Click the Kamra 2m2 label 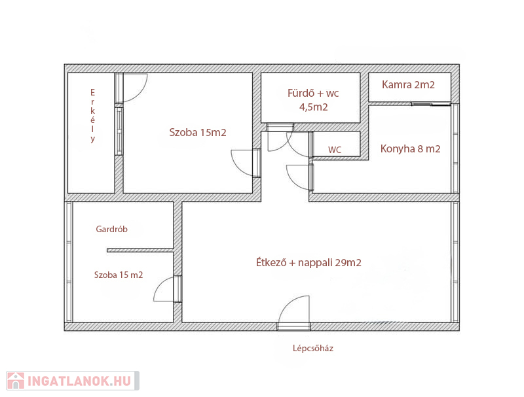[x=408, y=85]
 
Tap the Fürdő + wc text [x=313, y=93]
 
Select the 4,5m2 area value [x=314, y=107]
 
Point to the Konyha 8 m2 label [x=411, y=148]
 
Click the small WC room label [x=335, y=150]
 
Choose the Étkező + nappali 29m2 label [x=309, y=262]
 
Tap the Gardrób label [x=111, y=229]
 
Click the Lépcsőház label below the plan [x=313, y=349]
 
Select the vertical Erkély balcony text [x=92, y=116]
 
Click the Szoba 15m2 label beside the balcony [x=198, y=133]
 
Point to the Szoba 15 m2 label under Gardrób [x=119, y=275]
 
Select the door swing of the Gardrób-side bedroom [x=160, y=285]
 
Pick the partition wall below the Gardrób [x=140, y=250]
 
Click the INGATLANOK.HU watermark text [x=79, y=381]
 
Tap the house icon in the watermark [x=15, y=381]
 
